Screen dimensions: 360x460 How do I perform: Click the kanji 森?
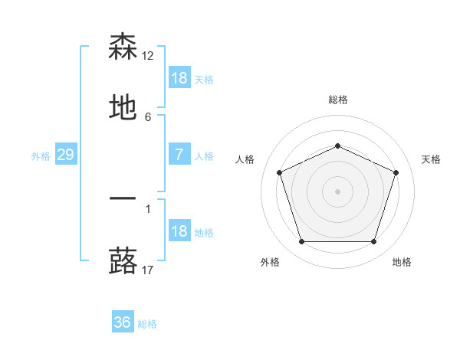point(123,47)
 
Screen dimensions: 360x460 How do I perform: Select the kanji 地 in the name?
point(123,109)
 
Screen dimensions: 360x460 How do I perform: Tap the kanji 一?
point(123,199)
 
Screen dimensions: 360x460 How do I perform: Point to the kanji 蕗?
point(123,261)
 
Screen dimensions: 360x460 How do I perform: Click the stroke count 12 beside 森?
point(149,55)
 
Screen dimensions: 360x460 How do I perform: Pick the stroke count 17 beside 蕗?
point(149,270)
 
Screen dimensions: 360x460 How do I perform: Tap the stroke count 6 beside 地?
point(148,117)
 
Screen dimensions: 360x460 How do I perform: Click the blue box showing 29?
point(66,155)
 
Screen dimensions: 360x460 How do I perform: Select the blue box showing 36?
point(123,323)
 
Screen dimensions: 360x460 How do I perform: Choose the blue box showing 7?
point(179,155)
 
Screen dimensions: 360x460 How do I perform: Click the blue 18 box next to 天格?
point(179,78)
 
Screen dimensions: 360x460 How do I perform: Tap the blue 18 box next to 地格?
point(179,232)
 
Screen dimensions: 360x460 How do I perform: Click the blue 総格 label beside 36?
point(147,324)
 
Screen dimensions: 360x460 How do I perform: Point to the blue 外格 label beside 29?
point(41,156)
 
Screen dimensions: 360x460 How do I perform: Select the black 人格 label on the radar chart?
point(245,159)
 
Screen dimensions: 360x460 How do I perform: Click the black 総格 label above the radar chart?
point(337,100)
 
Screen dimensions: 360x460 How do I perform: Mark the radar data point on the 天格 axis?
point(396,172)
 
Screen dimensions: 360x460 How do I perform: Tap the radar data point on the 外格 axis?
point(301,242)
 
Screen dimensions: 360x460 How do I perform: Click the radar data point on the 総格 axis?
point(337,146)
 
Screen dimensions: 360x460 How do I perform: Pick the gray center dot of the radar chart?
point(337,191)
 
